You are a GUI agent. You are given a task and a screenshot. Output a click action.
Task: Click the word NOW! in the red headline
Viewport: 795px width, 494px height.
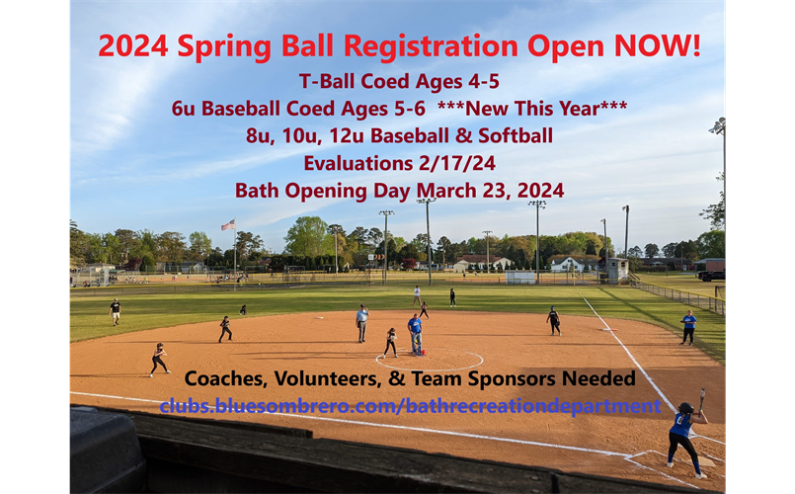point(658,45)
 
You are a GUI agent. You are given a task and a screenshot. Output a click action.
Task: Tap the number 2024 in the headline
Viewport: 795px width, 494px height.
point(133,45)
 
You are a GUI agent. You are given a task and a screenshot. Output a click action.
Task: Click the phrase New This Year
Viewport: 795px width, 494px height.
point(532,108)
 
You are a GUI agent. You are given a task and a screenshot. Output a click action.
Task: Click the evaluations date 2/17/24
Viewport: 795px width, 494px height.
point(457,163)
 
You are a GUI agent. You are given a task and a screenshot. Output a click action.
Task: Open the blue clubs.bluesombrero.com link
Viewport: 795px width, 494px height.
point(410,406)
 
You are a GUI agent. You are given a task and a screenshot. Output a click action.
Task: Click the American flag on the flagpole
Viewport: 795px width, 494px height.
point(228,224)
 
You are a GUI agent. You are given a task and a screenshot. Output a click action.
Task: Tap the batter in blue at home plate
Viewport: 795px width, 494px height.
point(686,440)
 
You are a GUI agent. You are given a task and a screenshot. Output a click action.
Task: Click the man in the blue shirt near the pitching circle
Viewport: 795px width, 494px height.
point(415,334)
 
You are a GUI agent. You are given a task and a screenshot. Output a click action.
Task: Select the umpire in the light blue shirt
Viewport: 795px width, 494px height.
point(362,323)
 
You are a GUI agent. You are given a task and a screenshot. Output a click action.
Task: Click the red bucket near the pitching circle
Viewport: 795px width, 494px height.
point(424,352)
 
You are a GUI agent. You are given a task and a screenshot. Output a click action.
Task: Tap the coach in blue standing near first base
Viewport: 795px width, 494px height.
point(688,328)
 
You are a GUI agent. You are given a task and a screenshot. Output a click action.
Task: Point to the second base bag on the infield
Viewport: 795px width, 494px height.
point(319,318)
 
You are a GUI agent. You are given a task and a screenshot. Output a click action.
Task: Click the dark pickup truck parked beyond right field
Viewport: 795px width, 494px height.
point(711,276)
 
